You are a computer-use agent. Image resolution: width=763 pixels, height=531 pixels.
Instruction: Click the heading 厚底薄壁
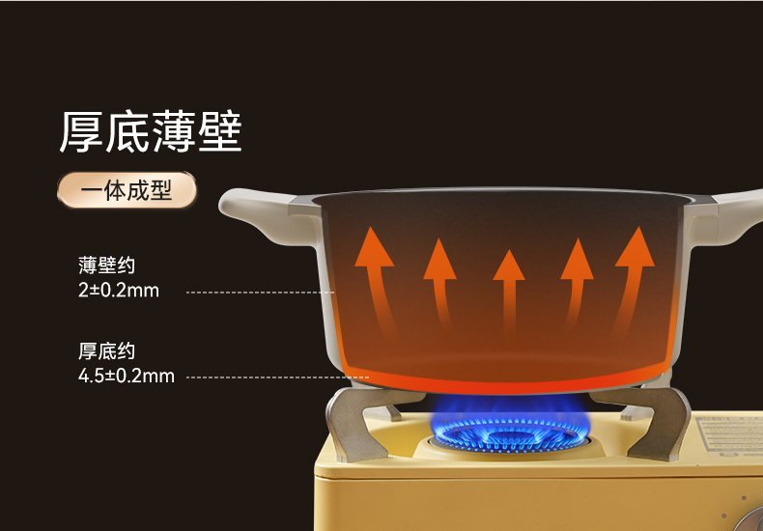(151, 131)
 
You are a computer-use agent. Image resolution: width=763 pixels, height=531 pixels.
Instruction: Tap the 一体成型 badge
(127, 190)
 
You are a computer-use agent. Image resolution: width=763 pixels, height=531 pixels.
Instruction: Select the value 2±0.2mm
(119, 290)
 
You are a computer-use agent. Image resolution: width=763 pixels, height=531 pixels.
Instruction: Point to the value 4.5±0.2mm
(127, 376)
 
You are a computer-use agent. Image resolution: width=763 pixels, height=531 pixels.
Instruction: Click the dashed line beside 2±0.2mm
(259, 291)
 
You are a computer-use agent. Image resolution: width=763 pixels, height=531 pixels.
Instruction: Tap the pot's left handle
(266, 216)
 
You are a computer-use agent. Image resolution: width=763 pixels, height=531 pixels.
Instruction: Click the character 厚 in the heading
(82, 131)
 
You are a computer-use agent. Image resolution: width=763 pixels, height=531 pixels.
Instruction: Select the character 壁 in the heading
(219, 131)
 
